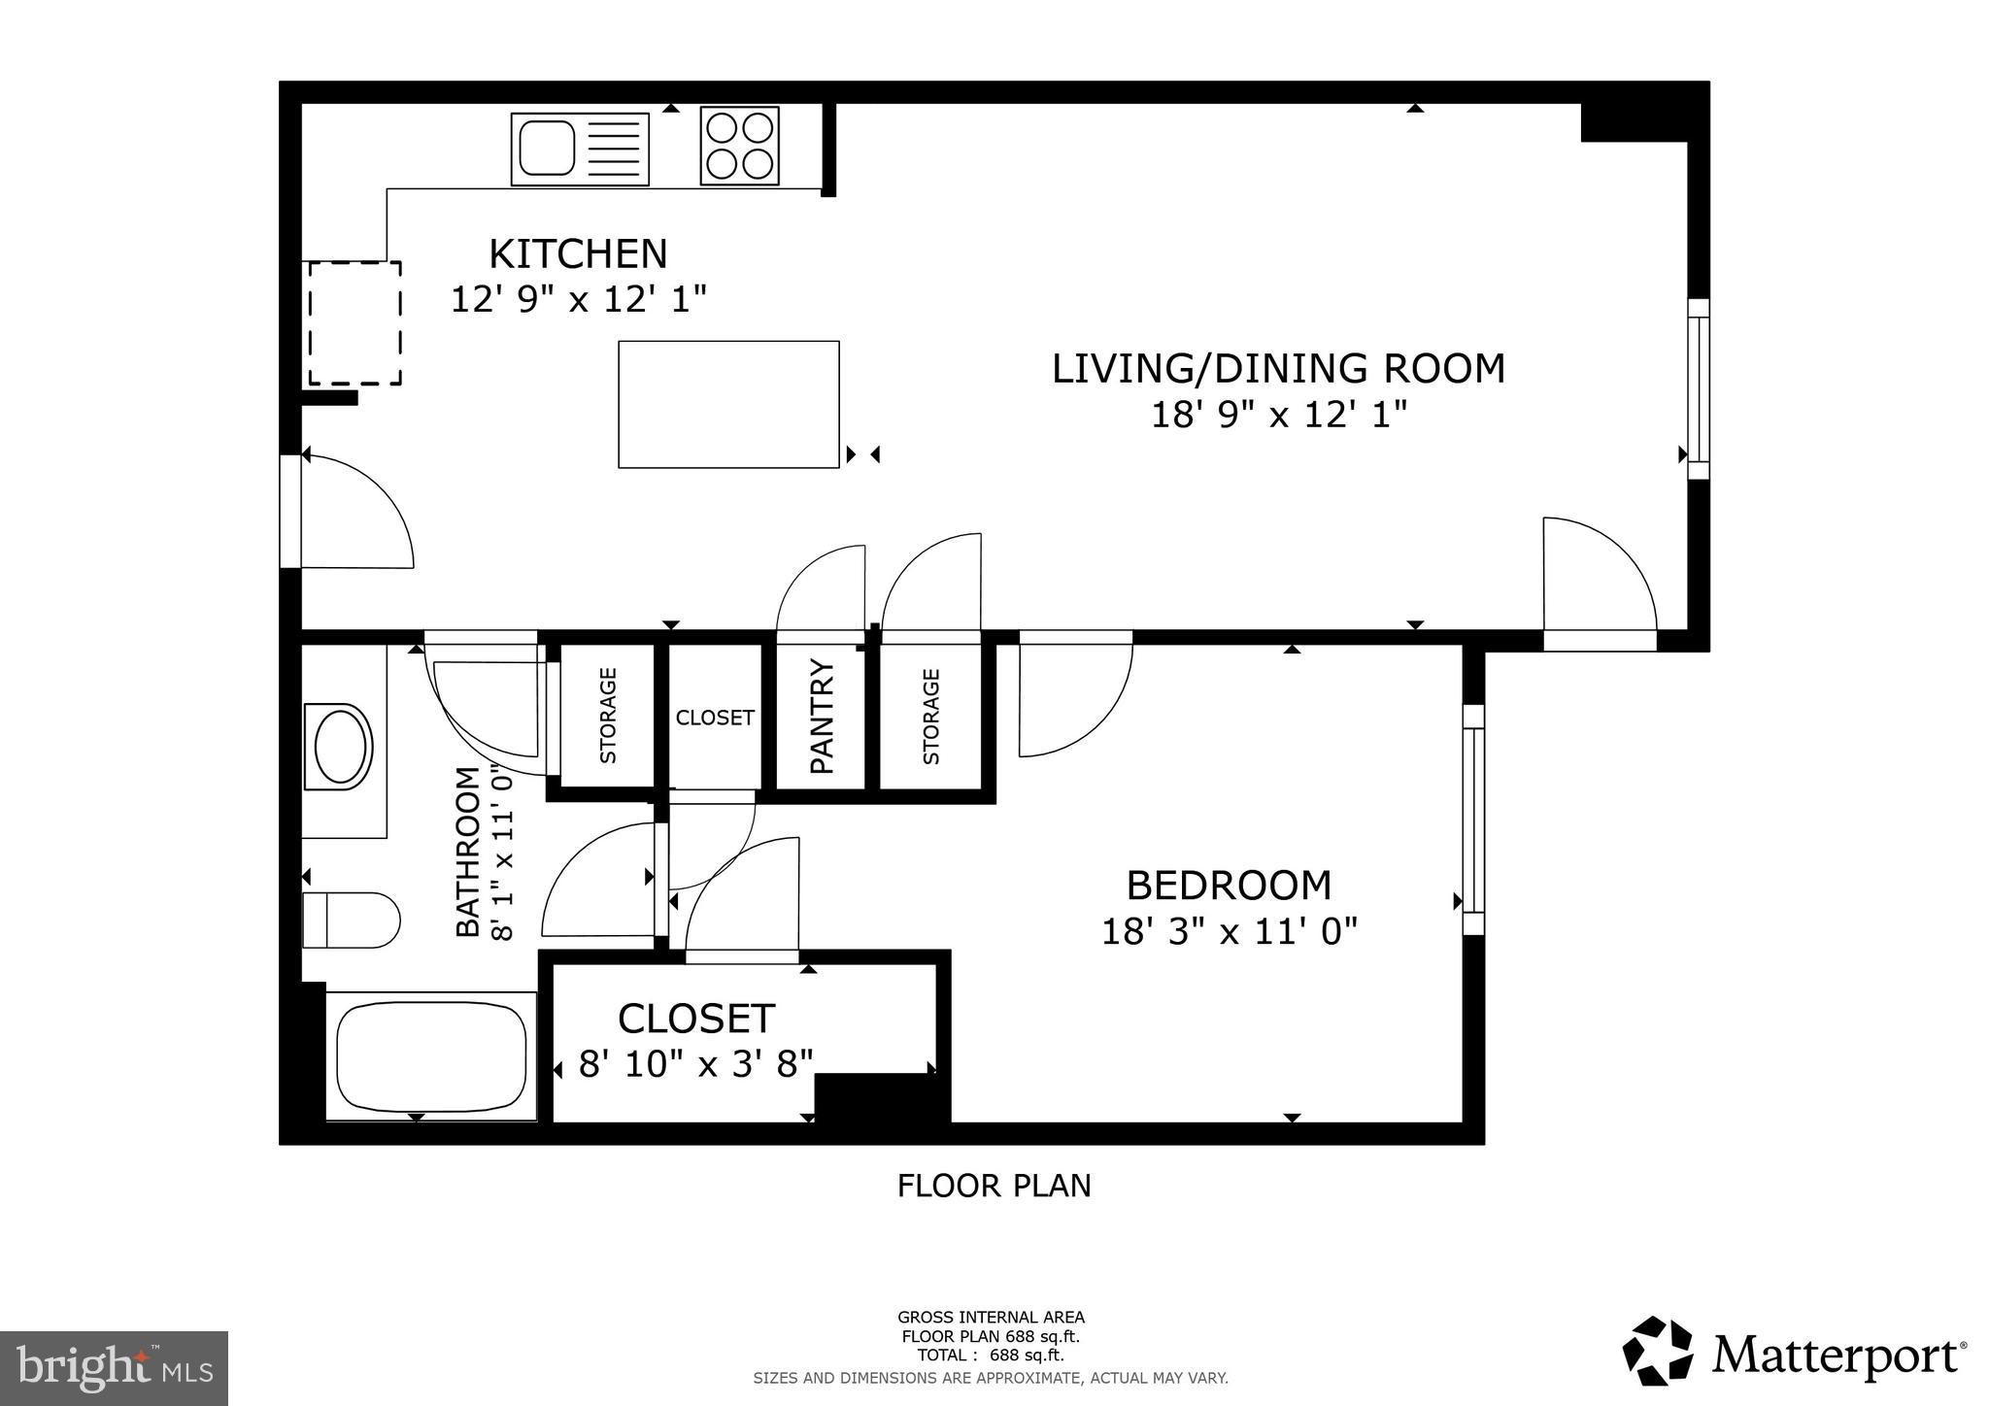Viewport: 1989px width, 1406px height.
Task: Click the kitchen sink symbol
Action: pos(580,149)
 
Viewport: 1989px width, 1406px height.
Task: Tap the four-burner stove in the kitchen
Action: pos(739,146)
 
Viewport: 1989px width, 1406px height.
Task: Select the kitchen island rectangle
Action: pos(728,404)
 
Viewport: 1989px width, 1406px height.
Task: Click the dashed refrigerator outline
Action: pos(354,322)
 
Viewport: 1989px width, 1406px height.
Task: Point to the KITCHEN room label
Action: pos(578,254)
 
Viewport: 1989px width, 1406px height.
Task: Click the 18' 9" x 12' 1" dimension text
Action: pos(1278,416)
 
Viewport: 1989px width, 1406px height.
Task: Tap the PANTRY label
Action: pos(822,717)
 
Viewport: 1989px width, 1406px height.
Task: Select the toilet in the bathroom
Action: pos(351,920)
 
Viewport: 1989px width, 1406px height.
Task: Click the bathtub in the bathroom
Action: pos(431,1056)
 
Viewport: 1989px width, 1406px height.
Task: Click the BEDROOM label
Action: pos(1229,886)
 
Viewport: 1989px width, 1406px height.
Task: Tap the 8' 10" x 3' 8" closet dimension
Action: pos(695,1064)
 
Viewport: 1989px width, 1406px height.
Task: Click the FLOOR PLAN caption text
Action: pos(994,1186)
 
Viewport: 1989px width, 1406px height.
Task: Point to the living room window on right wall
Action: pos(1698,389)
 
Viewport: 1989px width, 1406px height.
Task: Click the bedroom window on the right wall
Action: pos(1473,820)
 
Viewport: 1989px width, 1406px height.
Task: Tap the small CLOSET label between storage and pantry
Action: pos(715,718)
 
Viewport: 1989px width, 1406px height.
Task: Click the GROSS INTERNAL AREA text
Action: pos(991,1318)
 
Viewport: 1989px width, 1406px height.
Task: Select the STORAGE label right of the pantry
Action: pos(931,717)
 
